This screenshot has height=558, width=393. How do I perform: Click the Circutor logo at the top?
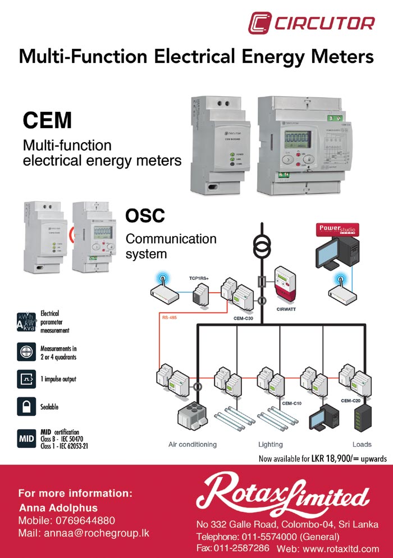[312, 23]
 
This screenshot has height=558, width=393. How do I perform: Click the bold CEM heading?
[47, 120]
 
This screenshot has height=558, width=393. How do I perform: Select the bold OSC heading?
[145, 215]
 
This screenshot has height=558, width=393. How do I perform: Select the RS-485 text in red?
[170, 317]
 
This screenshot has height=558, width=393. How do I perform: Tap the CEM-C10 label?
[292, 403]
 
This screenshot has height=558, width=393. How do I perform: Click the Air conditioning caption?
[193, 444]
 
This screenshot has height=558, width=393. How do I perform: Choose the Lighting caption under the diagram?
[270, 444]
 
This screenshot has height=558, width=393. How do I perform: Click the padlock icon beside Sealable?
[26, 406]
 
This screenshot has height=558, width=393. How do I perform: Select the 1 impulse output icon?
[26, 379]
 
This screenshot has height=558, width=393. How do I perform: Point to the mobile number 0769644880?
[83, 520]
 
